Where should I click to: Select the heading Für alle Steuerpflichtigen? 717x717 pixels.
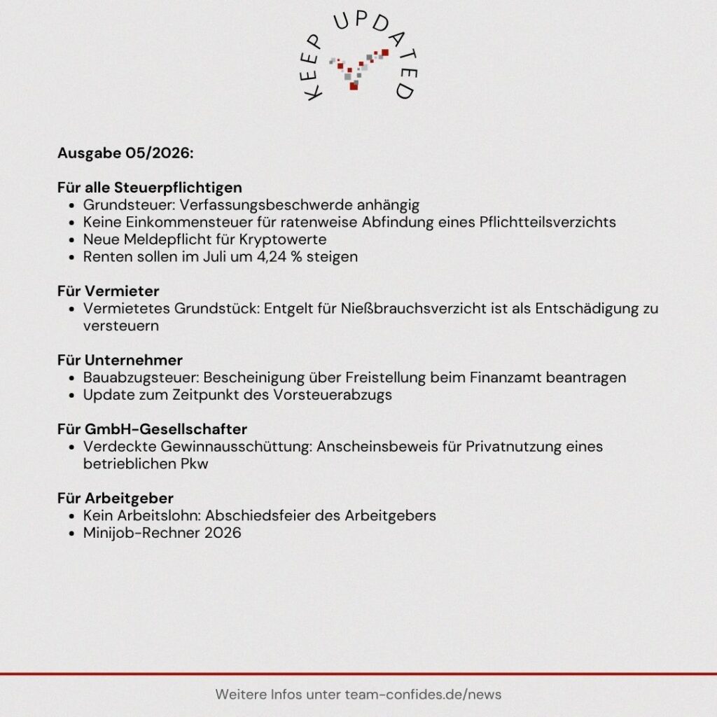[x=150, y=188]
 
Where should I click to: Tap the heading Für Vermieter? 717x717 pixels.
[x=108, y=290]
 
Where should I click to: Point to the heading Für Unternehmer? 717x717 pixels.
[x=120, y=360]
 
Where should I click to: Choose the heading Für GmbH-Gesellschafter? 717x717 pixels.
[x=152, y=429]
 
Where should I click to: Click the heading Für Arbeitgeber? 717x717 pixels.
[x=115, y=498]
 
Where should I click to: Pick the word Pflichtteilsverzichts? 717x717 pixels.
[x=547, y=223]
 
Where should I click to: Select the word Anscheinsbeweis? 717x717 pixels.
[x=373, y=446]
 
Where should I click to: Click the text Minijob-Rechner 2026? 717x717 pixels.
[x=162, y=533]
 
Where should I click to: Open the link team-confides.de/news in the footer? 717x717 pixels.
[x=424, y=695]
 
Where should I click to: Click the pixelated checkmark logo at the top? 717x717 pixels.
[x=359, y=68]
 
